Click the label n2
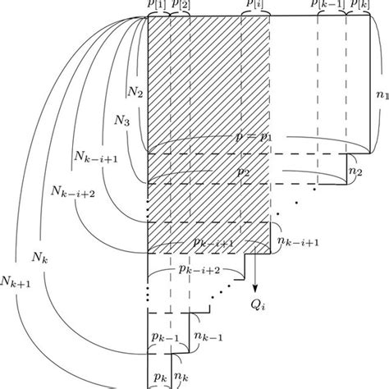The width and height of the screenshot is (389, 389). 355,174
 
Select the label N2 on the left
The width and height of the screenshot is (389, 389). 135,96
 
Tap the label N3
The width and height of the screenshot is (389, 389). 121,122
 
